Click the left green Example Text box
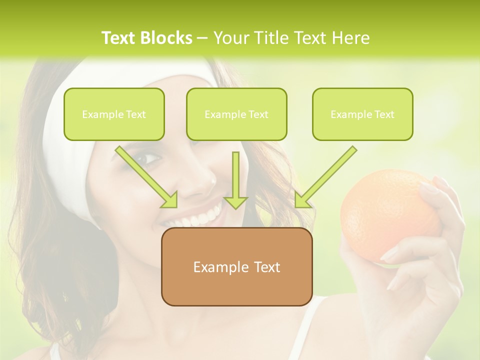pyautogui.click(x=114, y=114)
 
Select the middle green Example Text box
pyautogui.click(x=236, y=114)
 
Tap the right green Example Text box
pyautogui.click(x=362, y=114)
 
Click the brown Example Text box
pyautogui.click(x=236, y=266)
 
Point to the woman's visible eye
pyautogui.click(x=148, y=159)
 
